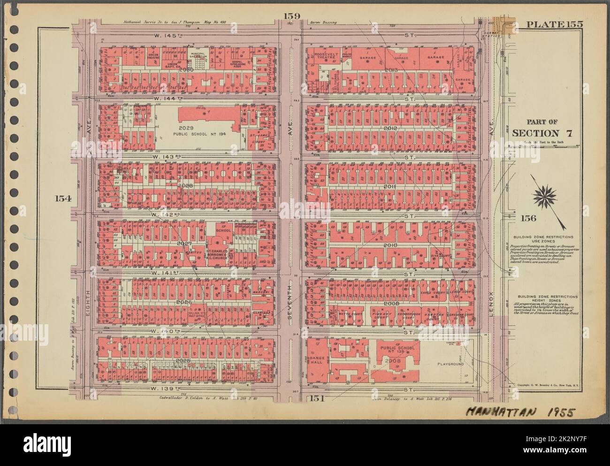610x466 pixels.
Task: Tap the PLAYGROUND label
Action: [x=451, y=364]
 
